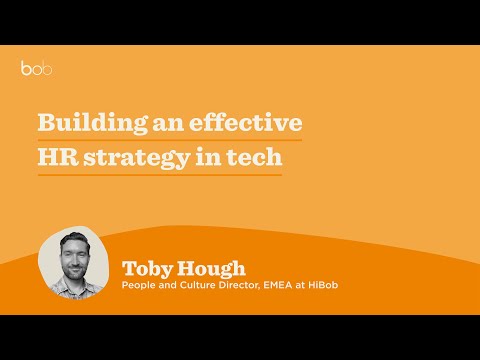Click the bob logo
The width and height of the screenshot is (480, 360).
(36, 69)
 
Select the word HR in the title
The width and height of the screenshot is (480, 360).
(56, 159)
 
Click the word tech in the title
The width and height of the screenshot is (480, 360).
(256, 159)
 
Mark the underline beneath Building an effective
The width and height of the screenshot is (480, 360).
(170, 141)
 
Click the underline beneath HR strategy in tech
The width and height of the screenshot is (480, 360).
(159, 176)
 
